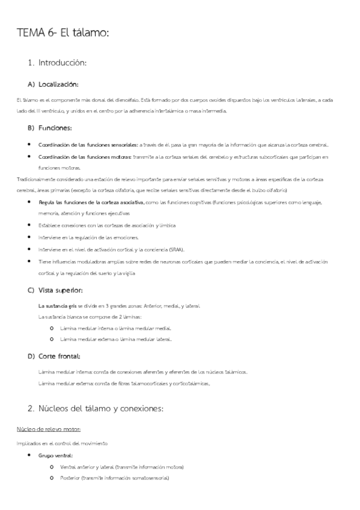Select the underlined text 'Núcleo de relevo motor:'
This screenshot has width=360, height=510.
pos(49,429)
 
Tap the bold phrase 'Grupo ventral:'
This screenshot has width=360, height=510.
pos(55,456)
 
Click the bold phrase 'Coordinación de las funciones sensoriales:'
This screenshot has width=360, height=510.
pos(88,145)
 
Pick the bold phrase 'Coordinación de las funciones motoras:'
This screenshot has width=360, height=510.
pos(85,157)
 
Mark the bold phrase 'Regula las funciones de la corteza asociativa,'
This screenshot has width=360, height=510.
pos(91,203)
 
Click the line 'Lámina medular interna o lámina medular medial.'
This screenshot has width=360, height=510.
pos(116,328)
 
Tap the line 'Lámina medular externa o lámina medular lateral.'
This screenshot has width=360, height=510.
pos(116,340)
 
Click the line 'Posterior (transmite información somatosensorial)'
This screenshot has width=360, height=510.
pos(115,478)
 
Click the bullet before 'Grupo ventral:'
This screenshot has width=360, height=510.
pos(29,456)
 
